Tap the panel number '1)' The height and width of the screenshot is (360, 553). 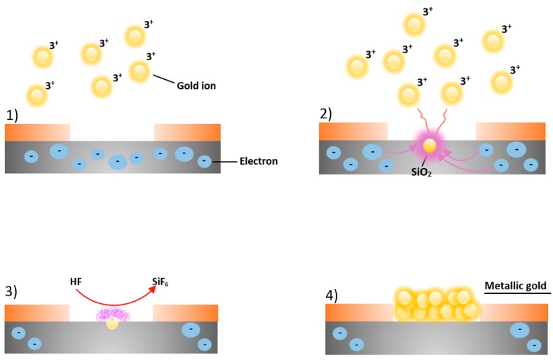(x=13, y=116)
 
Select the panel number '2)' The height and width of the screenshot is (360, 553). (x=327, y=115)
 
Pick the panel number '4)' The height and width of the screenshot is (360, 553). (x=333, y=294)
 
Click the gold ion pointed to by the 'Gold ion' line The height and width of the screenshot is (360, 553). (x=139, y=70)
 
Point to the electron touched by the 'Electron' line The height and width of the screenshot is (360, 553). (x=203, y=161)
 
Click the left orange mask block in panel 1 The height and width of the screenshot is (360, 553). (x=37, y=132)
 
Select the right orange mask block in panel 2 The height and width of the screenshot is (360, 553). (x=510, y=132)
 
